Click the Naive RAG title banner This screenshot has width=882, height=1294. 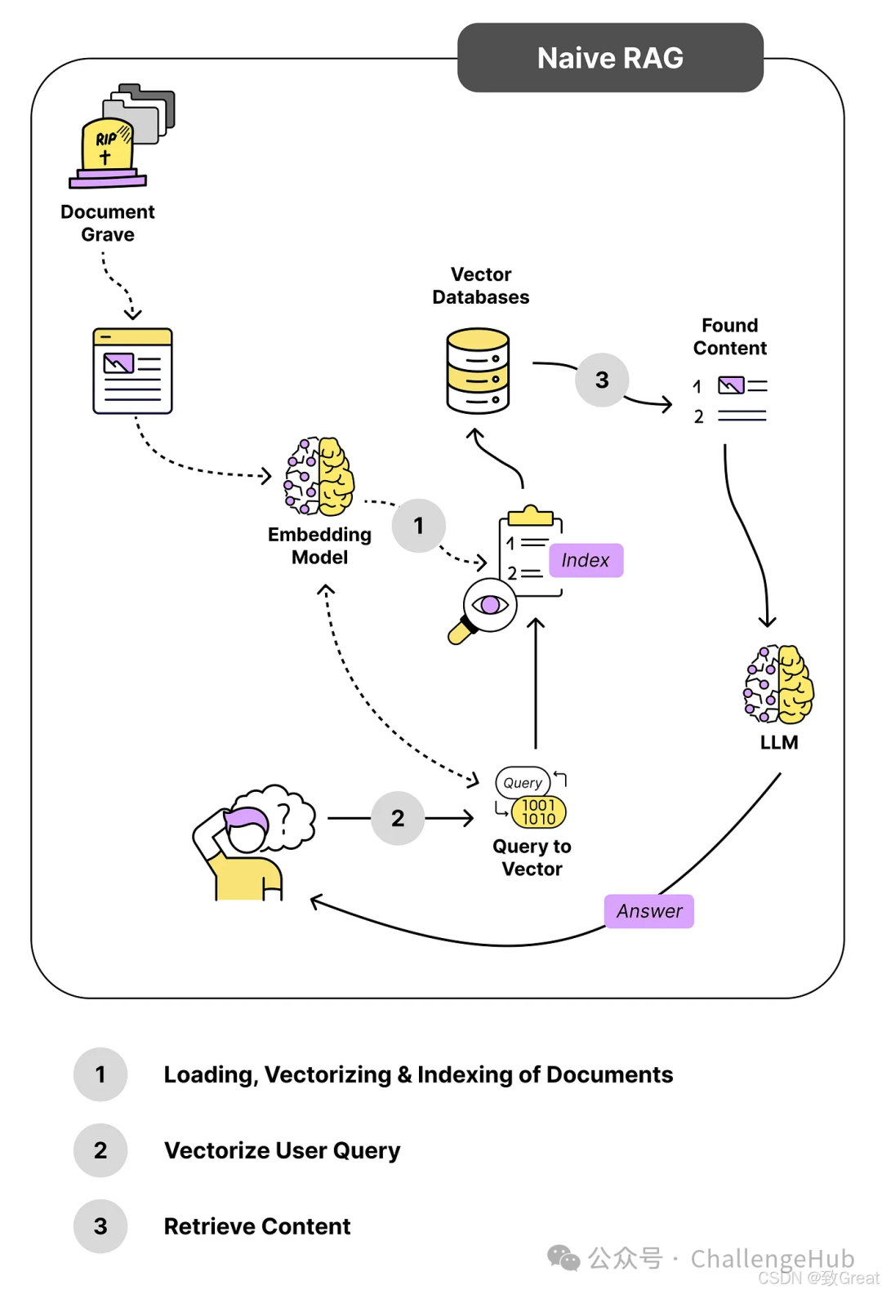[x=610, y=58]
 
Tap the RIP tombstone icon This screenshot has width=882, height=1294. [x=107, y=149]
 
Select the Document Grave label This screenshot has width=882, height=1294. [x=108, y=223]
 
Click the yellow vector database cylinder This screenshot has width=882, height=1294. [x=478, y=371]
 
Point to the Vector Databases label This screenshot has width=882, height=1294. [x=481, y=286]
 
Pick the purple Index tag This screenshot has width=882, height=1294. [x=586, y=560]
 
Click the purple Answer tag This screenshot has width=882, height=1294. [x=649, y=911]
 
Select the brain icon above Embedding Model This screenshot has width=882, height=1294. [x=319, y=477]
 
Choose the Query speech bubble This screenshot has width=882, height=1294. [x=523, y=782]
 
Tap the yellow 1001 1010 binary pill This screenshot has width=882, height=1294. [x=538, y=812]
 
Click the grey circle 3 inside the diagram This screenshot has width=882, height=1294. [x=602, y=380]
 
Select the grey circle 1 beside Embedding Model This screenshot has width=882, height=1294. [x=419, y=526]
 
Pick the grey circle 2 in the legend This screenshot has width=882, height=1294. [x=100, y=1150]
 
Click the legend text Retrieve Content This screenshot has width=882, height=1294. [x=257, y=1226]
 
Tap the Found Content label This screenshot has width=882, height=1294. [x=729, y=336]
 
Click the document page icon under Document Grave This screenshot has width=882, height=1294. [x=132, y=371]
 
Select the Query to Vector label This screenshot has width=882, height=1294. [x=532, y=857]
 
